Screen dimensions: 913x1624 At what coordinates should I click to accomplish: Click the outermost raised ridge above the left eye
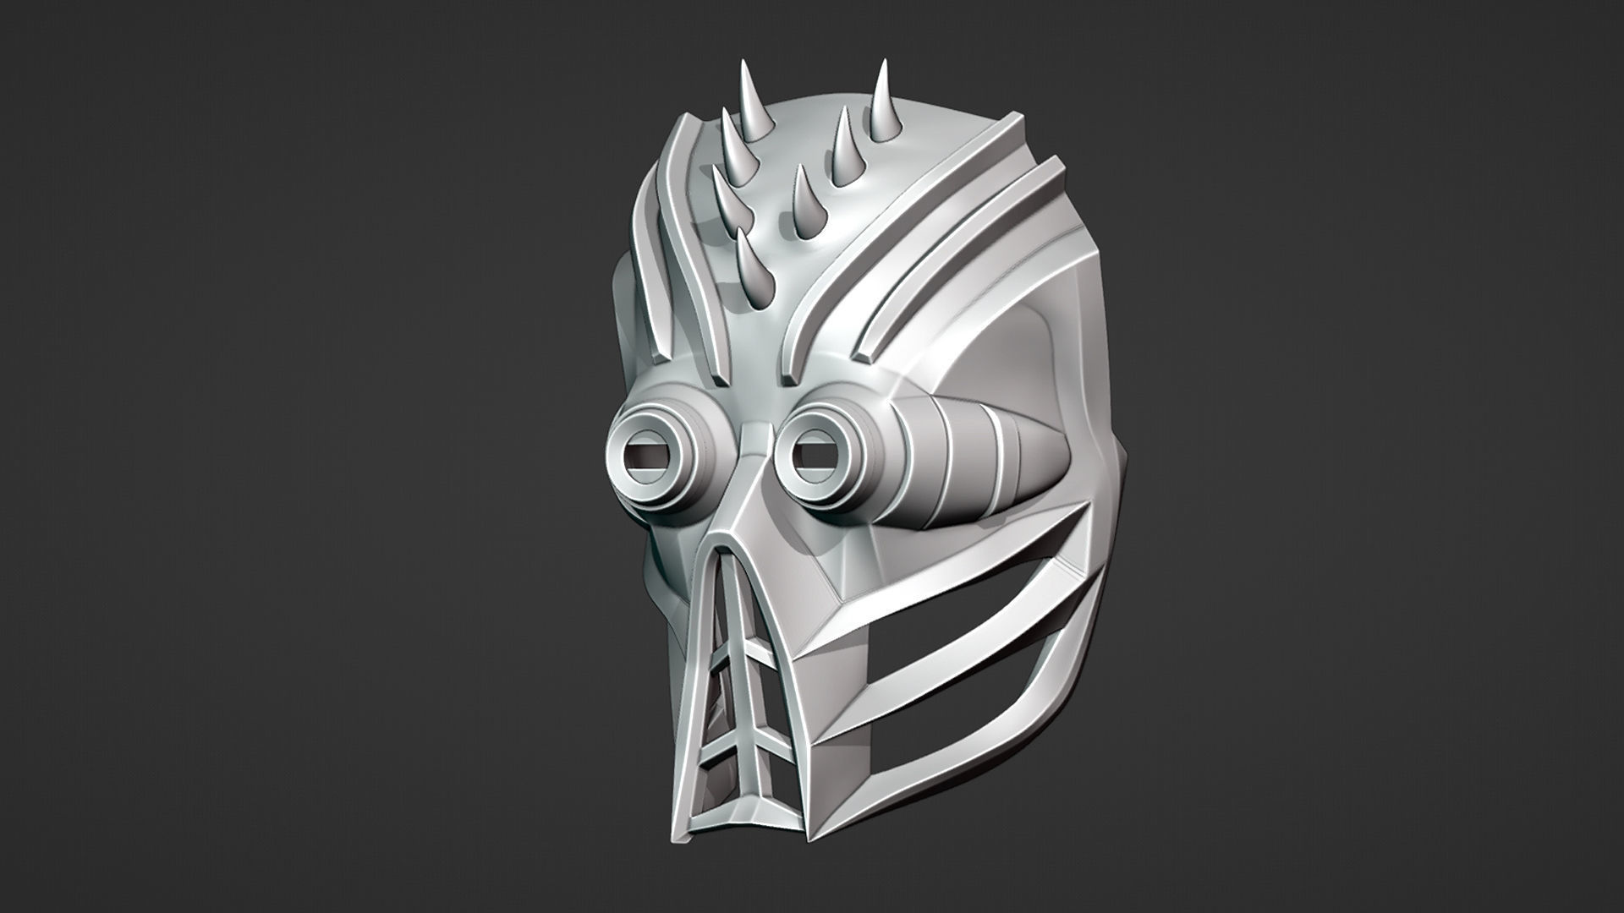[x=648, y=228]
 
